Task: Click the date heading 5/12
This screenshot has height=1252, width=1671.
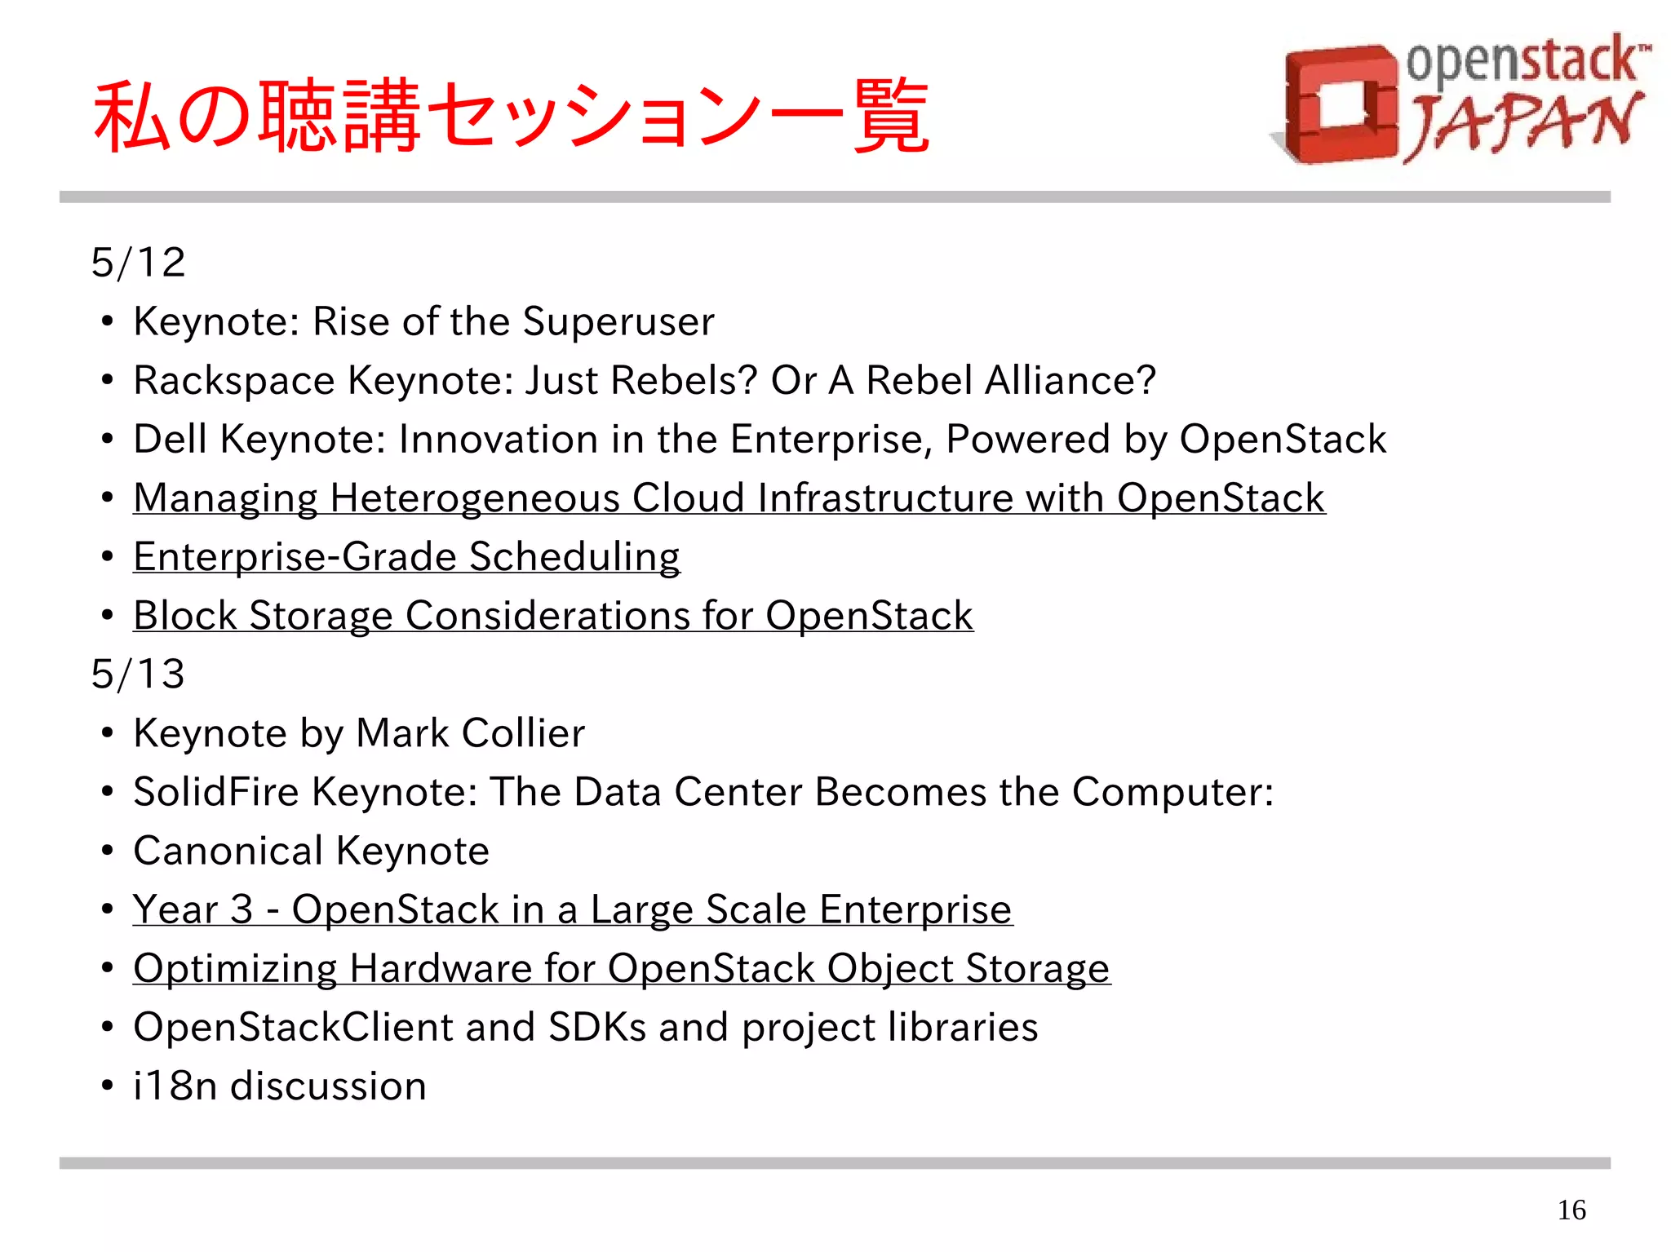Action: point(138,263)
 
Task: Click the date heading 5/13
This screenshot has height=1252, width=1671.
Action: point(138,675)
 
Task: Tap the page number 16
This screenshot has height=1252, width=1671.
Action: point(1571,1210)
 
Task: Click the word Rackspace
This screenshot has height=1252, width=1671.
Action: point(234,381)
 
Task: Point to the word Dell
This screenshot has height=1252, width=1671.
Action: point(170,440)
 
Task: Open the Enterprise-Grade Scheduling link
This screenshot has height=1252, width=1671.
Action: point(406,557)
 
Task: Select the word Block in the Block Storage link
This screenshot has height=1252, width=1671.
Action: point(184,616)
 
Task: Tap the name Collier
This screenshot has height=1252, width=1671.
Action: point(523,733)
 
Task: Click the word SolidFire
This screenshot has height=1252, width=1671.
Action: point(216,792)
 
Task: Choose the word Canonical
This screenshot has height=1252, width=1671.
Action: point(228,851)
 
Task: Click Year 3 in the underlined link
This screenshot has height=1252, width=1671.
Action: point(193,909)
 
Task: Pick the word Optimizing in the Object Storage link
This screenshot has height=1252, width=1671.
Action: point(234,969)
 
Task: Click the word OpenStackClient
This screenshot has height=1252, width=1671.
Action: point(293,1027)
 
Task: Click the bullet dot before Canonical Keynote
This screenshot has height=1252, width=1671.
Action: point(107,852)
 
